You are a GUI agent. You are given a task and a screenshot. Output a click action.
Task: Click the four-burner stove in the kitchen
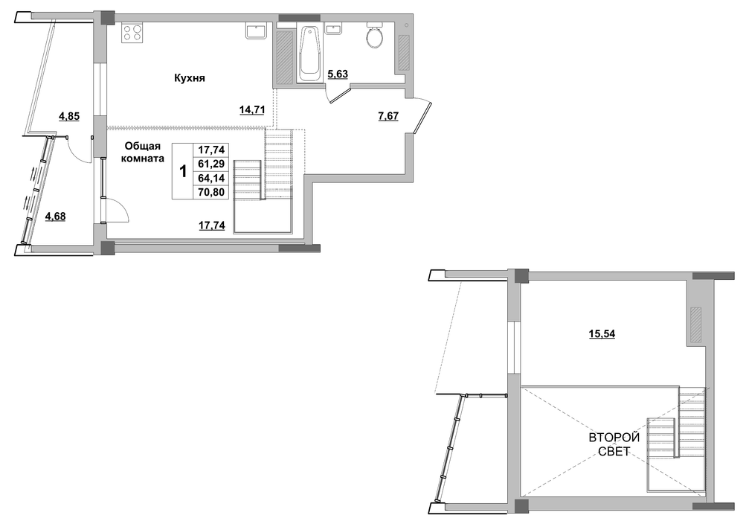pyautogui.click(x=132, y=33)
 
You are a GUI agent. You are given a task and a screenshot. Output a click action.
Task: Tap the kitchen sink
pyautogui.click(x=256, y=31)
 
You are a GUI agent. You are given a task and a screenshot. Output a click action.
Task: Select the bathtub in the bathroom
pyautogui.click(x=309, y=54)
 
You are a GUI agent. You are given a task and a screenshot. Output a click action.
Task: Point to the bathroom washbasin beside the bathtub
pyautogui.click(x=333, y=28)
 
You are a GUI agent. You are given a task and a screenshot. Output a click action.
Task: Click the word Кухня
pyautogui.click(x=190, y=78)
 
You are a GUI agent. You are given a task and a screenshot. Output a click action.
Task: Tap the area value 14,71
pyautogui.click(x=251, y=110)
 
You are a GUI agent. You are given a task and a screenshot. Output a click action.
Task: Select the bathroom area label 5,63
pyautogui.click(x=338, y=74)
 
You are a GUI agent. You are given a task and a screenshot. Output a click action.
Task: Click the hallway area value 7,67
pyautogui.click(x=388, y=115)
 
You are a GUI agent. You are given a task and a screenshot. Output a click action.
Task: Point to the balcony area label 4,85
pyautogui.click(x=69, y=115)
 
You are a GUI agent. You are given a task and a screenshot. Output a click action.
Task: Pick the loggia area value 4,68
pyautogui.click(x=55, y=217)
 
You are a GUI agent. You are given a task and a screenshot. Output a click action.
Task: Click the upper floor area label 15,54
pyautogui.click(x=602, y=334)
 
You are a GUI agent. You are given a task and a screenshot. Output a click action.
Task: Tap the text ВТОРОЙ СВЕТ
pyautogui.click(x=614, y=444)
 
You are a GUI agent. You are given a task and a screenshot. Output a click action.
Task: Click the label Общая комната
pyautogui.click(x=143, y=152)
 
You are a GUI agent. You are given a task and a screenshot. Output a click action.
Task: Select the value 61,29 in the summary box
pyautogui.click(x=210, y=164)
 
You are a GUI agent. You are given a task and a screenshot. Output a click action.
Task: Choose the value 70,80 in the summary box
pyautogui.click(x=210, y=193)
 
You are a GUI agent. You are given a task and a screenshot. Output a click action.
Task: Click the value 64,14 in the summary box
pyautogui.click(x=210, y=178)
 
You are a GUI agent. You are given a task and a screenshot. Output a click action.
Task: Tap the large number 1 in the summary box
pyautogui.click(x=183, y=171)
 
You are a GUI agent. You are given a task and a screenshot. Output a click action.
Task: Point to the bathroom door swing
pyautogui.click(x=338, y=95)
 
